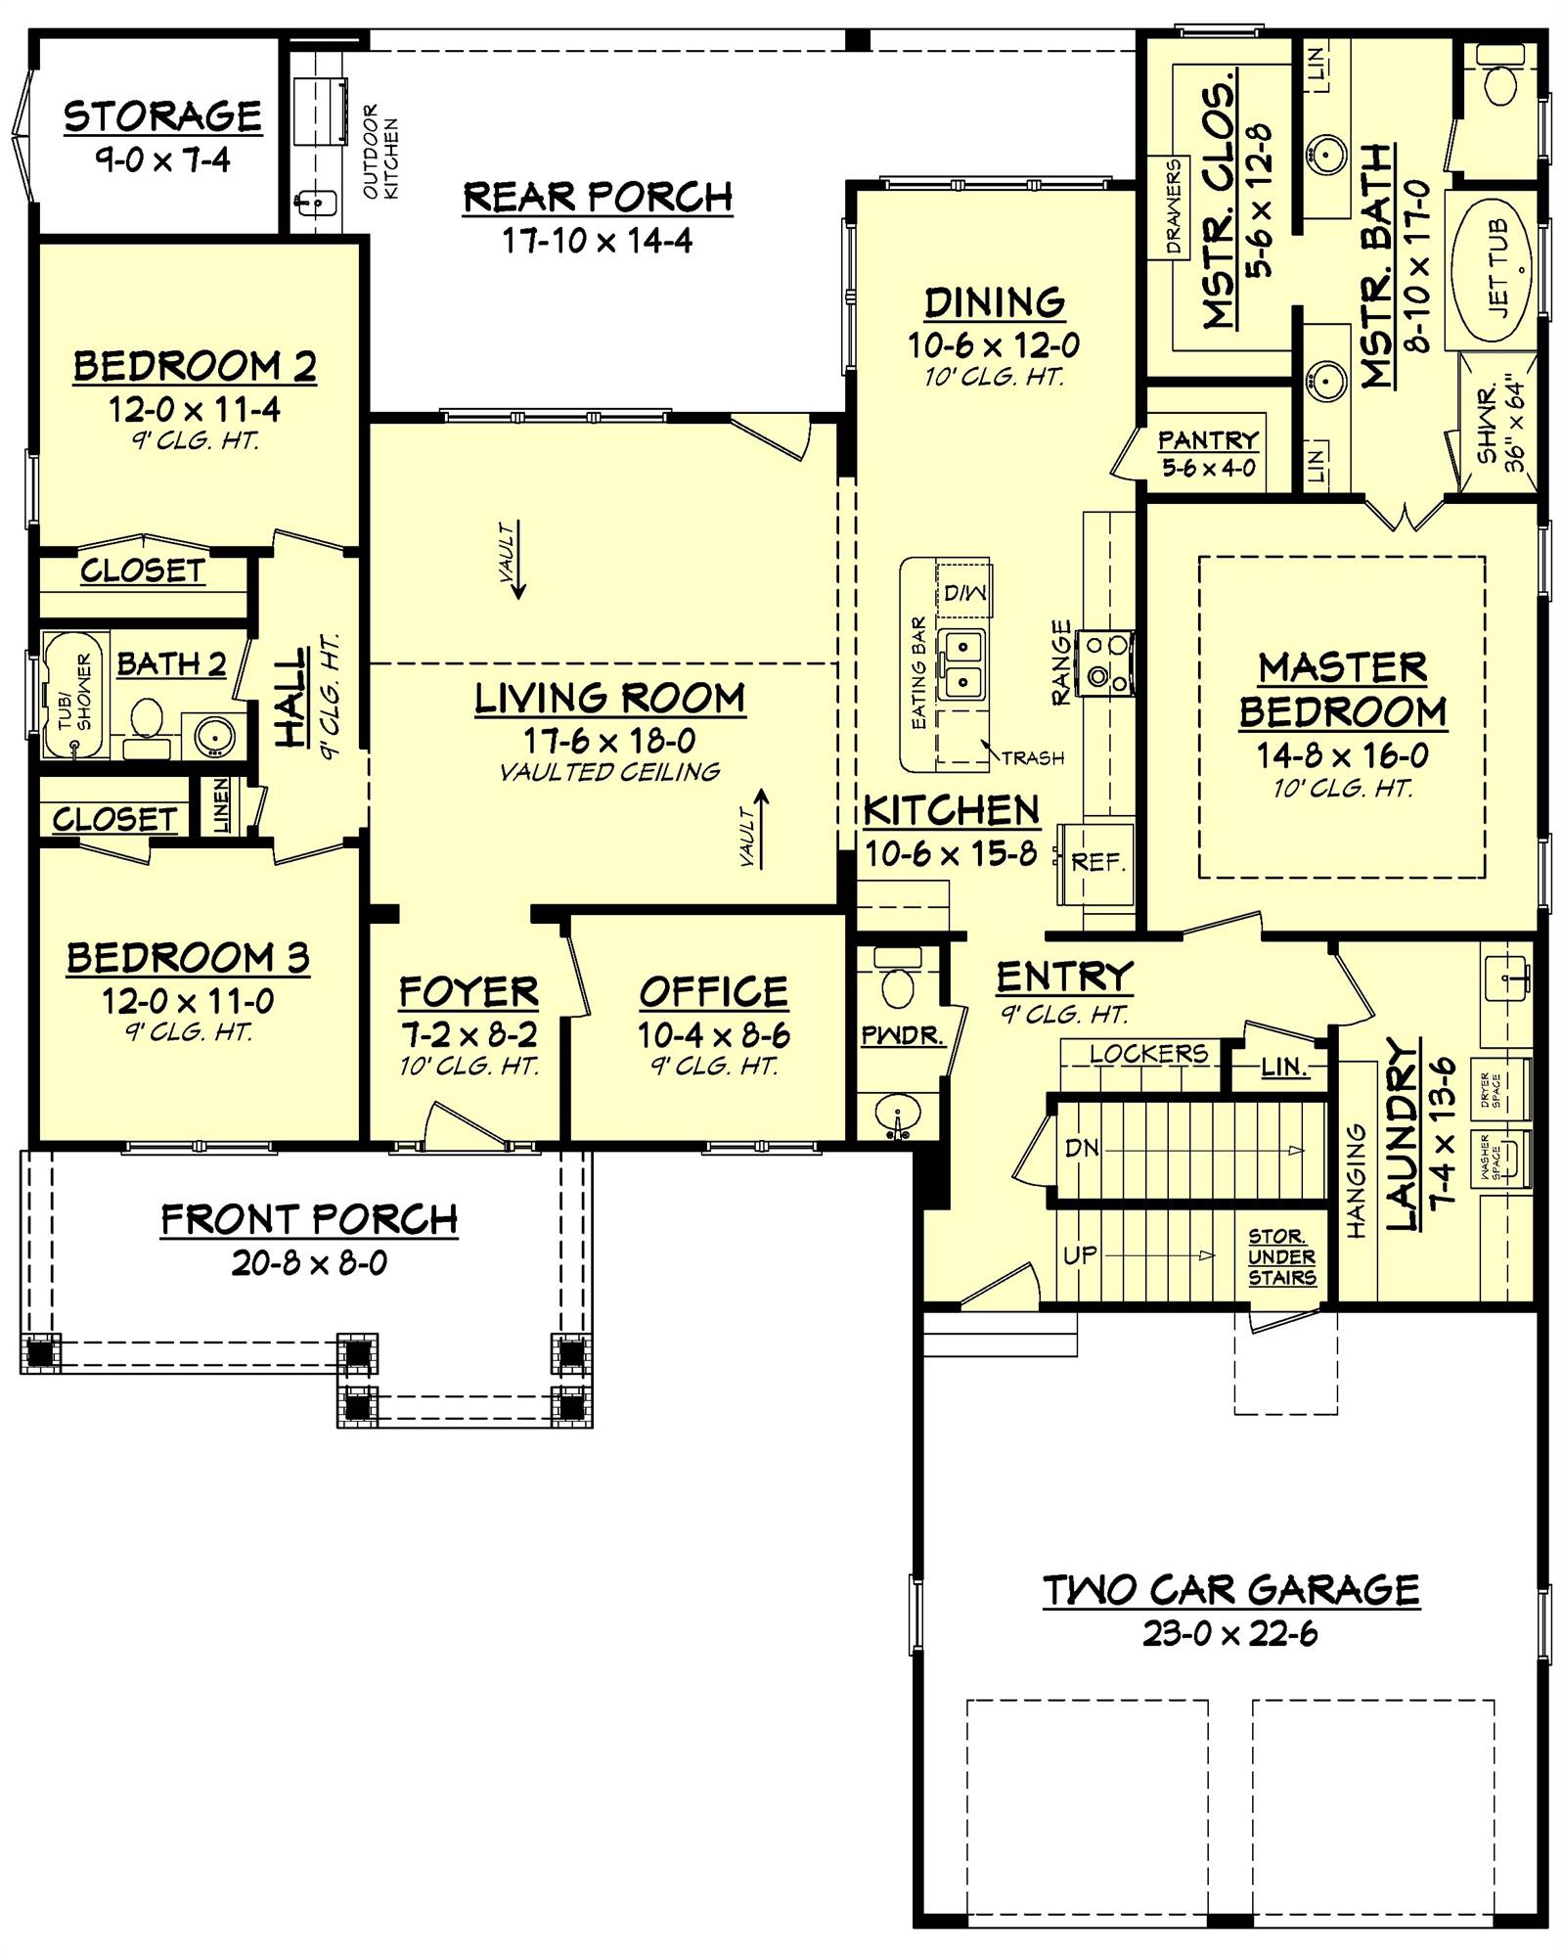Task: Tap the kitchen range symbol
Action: [1106, 661]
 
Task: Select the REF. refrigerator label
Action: [1098, 862]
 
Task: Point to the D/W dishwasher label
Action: [964, 592]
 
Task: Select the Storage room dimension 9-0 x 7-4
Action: [162, 159]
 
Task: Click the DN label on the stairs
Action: [1082, 1147]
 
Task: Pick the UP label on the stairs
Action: [1080, 1254]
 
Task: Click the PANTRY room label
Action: [1208, 440]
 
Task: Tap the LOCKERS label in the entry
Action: [1148, 1053]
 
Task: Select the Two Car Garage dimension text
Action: [1230, 1633]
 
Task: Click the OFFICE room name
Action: [714, 992]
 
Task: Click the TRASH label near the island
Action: [1033, 757]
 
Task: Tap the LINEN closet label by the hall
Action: [222, 804]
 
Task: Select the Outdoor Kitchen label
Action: [380, 151]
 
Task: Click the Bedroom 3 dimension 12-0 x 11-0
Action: [188, 1001]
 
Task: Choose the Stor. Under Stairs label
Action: [1281, 1257]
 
